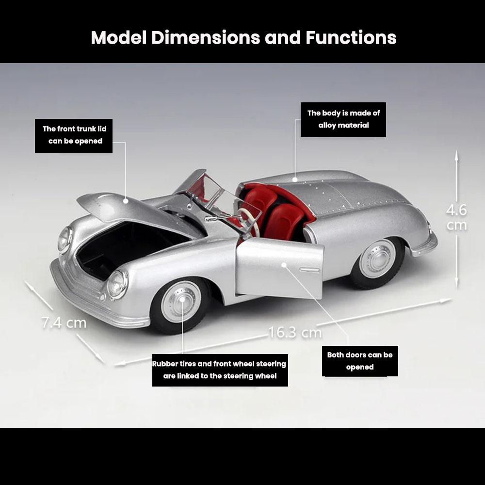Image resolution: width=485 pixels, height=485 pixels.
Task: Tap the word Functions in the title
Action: (x=351, y=37)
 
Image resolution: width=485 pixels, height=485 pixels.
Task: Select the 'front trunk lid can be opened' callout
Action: (x=74, y=135)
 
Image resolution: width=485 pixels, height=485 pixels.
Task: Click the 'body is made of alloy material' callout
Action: (x=343, y=119)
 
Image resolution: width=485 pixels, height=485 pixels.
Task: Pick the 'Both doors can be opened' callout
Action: (x=360, y=361)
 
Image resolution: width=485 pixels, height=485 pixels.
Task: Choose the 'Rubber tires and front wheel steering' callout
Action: (x=220, y=370)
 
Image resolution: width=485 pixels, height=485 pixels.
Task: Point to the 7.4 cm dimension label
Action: (x=64, y=322)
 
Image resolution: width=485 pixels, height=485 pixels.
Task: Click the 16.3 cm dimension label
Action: (x=295, y=333)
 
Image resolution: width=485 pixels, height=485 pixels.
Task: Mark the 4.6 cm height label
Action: (x=456, y=217)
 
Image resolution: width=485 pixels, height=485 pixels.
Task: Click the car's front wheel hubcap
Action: (x=181, y=301)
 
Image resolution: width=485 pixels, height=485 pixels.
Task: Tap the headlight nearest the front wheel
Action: (x=117, y=284)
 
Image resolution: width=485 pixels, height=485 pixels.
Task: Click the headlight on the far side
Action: (x=64, y=239)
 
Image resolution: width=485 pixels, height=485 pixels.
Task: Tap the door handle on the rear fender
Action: (x=309, y=269)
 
